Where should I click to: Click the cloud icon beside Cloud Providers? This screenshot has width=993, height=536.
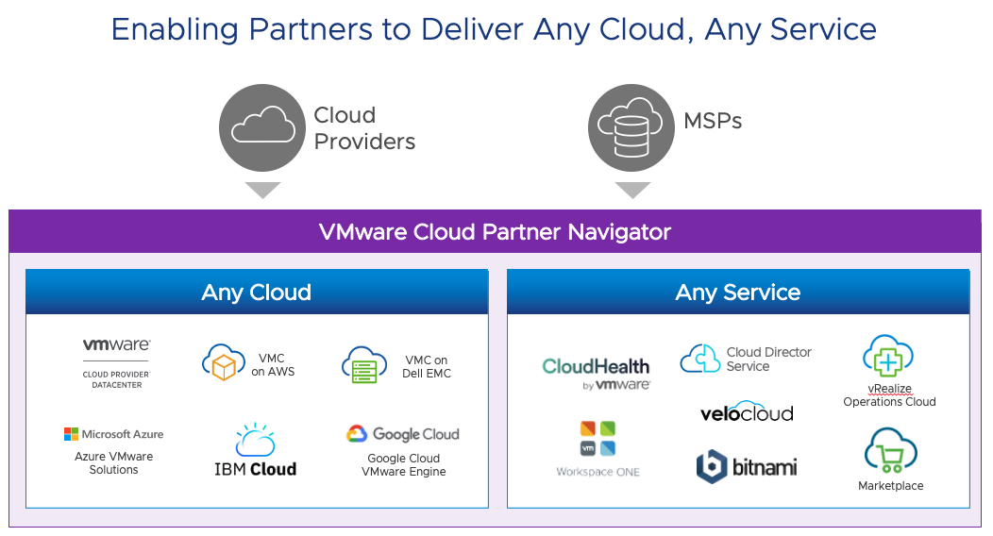tap(262, 127)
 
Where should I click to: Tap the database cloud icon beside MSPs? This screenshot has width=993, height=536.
tap(631, 127)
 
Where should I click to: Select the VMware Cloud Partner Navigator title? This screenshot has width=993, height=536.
tap(495, 231)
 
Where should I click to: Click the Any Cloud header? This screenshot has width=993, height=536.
tap(256, 293)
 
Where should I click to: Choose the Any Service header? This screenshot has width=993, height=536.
tap(737, 293)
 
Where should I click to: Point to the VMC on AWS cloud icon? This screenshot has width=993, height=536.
tap(224, 361)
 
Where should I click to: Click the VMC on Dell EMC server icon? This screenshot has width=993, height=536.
tap(364, 364)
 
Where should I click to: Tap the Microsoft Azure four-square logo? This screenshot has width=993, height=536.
tap(71, 434)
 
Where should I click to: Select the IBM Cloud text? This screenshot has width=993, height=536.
tap(255, 469)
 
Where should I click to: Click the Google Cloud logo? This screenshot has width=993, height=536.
tap(356, 434)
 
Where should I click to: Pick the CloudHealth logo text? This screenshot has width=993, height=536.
tap(596, 366)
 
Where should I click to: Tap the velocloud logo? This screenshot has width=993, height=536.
tap(746, 412)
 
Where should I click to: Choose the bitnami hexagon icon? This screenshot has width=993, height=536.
tap(710, 466)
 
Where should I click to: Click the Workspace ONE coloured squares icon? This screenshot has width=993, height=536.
tap(597, 438)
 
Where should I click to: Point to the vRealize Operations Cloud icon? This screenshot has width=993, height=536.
tap(887, 357)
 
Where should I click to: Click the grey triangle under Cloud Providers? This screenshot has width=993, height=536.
tap(262, 190)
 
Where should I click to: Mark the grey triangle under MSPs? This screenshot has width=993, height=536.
tap(632, 190)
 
